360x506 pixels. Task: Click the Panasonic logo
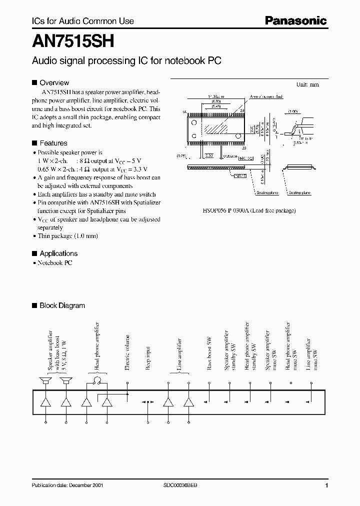coord(295,21)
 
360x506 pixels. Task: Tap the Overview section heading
coord(54,82)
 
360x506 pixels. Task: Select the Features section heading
coord(53,143)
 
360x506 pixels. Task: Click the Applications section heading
coord(58,253)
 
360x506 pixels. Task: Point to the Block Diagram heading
coord(62,305)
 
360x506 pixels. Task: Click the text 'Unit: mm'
coord(307,85)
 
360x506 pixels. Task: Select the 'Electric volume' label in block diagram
coord(127,353)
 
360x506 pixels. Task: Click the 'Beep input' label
coord(148,358)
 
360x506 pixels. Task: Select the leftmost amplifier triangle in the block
coord(46,402)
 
